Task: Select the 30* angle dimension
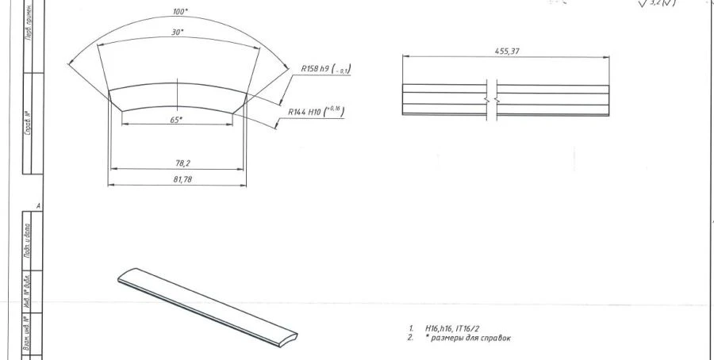point(177,33)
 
